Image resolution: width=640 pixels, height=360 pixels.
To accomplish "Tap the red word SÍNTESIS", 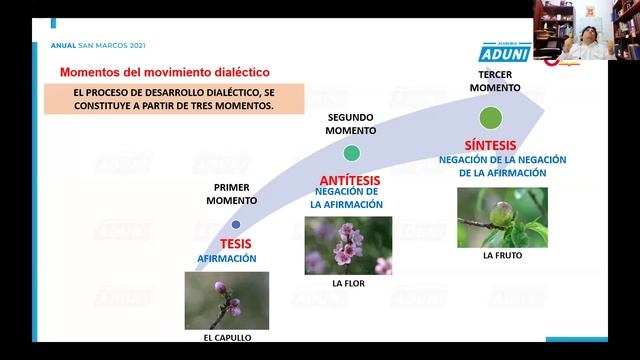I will pyautogui.click(x=489, y=143).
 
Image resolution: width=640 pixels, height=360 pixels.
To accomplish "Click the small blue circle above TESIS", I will pyautogui.click(x=236, y=224).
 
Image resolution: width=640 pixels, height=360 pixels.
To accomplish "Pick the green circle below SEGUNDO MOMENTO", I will pyautogui.click(x=351, y=153).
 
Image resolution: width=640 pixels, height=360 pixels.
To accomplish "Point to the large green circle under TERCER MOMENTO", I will pyautogui.click(x=489, y=118).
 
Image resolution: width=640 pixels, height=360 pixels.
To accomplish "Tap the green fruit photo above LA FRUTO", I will pyautogui.click(x=502, y=217).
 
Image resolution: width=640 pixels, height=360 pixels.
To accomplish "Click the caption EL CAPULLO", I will pyautogui.click(x=227, y=337).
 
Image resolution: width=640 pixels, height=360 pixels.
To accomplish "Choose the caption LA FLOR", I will pyautogui.click(x=348, y=284).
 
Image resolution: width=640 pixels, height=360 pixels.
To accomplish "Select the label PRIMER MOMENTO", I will pyautogui.click(x=232, y=194).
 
